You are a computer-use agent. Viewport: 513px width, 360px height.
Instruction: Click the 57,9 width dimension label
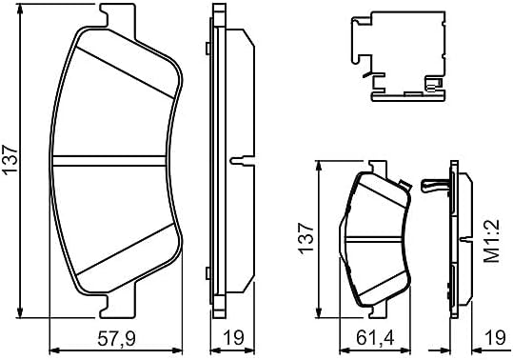[x=117, y=338]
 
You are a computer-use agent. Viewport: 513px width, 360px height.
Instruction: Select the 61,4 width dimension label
[x=375, y=338]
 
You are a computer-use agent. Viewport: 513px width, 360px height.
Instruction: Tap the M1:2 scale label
[x=492, y=242]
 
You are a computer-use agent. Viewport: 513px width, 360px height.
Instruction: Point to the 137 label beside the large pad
[x=10, y=160]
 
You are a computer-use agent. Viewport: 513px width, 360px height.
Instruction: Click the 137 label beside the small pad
[x=306, y=237]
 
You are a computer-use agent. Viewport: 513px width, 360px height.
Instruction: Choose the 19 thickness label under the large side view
[x=233, y=338]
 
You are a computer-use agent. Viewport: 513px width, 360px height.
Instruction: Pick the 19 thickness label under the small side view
[x=496, y=338]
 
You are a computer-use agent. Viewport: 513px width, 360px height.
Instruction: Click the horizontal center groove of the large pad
[x=109, y=161]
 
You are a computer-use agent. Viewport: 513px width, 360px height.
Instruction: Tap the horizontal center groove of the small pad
[x=374, y=240]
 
